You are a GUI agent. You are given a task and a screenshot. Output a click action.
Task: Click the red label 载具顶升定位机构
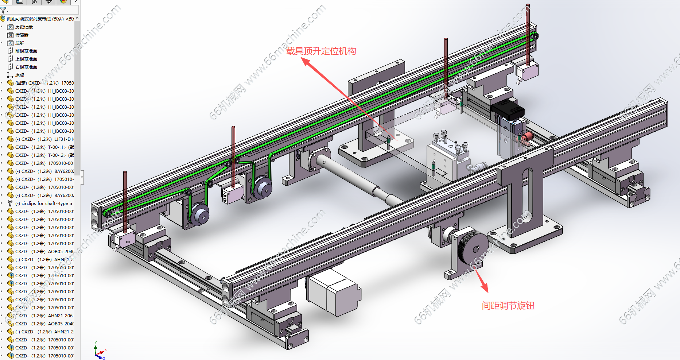tap(321, 51)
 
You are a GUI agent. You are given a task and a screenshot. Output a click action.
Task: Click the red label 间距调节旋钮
tap(508, 306)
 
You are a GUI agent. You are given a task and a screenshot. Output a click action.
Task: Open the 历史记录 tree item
tap(24, 27)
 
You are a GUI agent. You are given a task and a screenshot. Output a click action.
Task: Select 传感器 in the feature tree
tap(22, 35)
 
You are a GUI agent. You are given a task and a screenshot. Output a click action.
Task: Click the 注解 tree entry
tap(19, 43)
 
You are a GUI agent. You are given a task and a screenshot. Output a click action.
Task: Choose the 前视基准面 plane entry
tap(26, 51)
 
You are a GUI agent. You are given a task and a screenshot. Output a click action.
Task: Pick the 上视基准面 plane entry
tap(26, 59)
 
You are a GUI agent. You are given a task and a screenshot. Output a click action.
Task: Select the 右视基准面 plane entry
tap(26, 67)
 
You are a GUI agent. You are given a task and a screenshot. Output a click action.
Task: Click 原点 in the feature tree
tap(19, 75)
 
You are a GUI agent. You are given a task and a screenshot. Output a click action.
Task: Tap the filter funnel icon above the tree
tap(3, 11)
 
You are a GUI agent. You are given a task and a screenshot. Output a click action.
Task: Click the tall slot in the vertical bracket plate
tap(525, 197)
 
